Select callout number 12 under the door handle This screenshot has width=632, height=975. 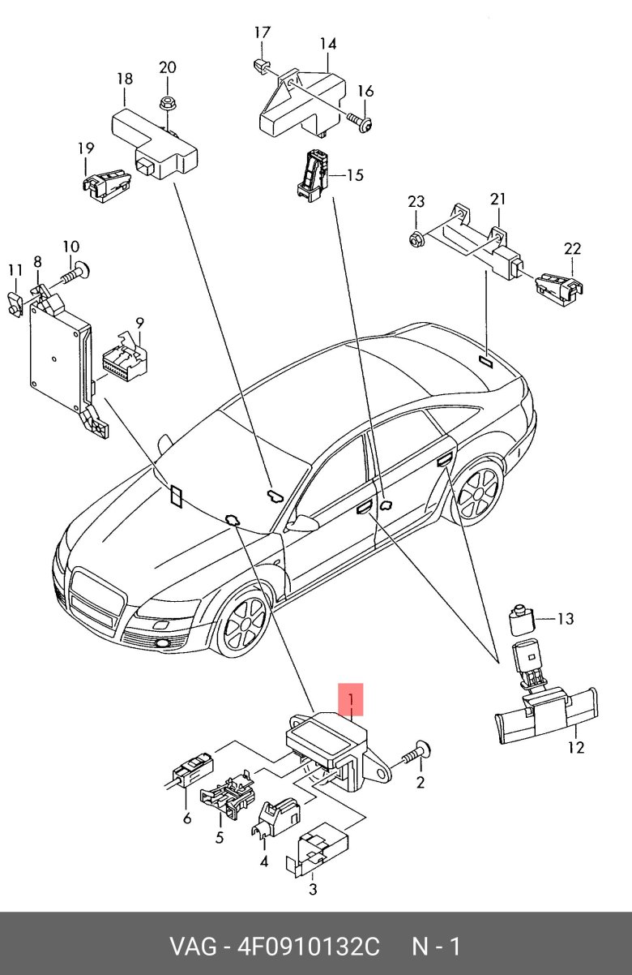pyautogui.click(x=575, y=748)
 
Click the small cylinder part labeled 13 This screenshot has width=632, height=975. pyautogui.click(x=518, y=621)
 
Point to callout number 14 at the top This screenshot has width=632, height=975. pyautogui.click(x=327, y=44)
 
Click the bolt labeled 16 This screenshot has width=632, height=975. pyautogui.click(x=362, y=122)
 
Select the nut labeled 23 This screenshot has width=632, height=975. pyautogui.click(x=415, y=239)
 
